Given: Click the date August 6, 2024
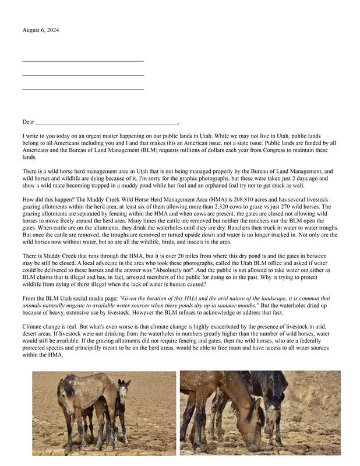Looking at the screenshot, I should pyautogui.click(x=40, y=30).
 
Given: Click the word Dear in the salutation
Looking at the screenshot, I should pyautogui.click(x=28, y=122).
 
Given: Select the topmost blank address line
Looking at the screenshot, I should pyautogui.click(x=83, y=60).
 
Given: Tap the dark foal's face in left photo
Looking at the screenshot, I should pyautogui.click(x=123, y=395).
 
